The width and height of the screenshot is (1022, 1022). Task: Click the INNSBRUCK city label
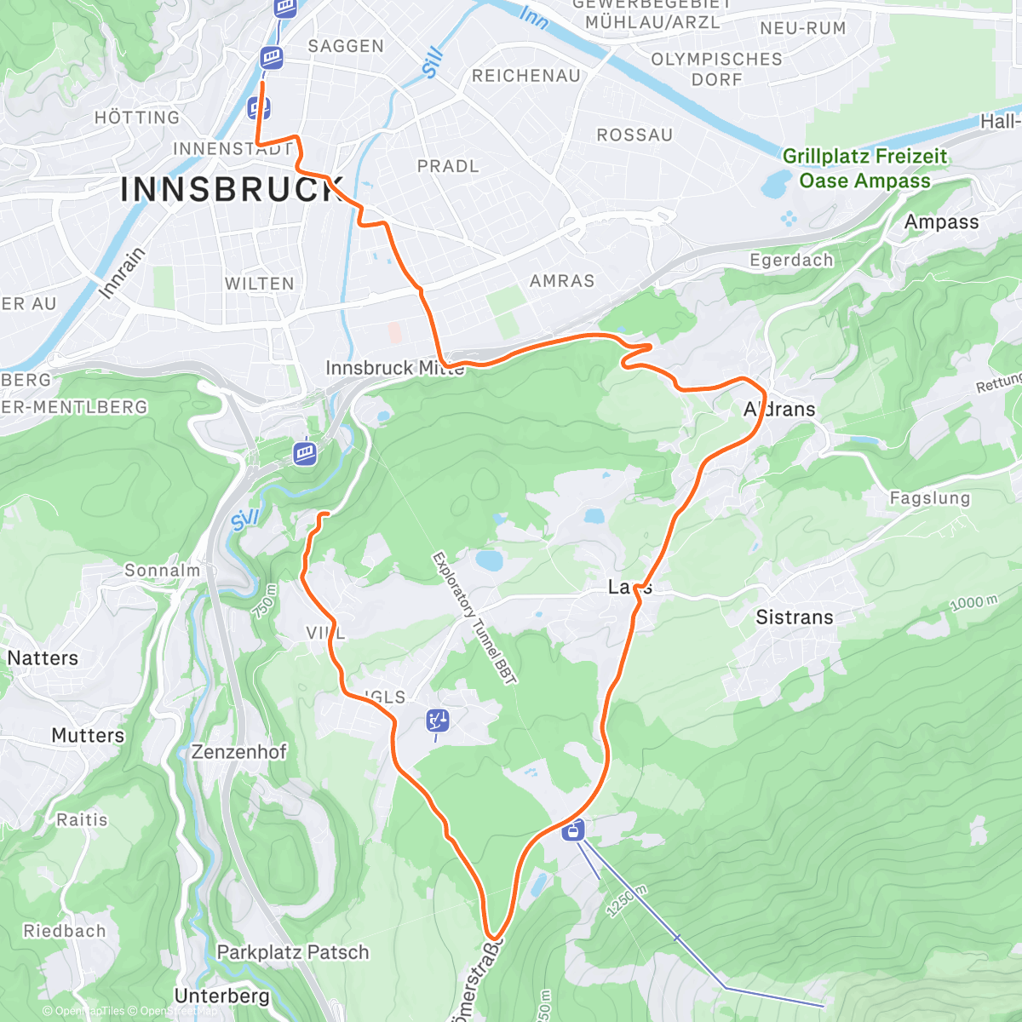click(x=232, y=189)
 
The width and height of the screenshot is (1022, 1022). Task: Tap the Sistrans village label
click(x=794, y=617)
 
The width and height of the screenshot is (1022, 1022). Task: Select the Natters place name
click(x=43, y=657)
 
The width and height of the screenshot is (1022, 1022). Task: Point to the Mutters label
click(x=88, y=735)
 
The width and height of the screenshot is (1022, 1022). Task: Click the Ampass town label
click(x=941, y=222)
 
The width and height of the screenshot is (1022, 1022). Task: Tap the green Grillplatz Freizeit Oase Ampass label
click(x=864, y=168)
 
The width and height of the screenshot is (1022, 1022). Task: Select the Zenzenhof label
click(x=239, y=752)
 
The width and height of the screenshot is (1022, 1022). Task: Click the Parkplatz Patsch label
click(x=293, y=952)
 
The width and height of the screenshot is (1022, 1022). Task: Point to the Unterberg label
click(x=221, y=996)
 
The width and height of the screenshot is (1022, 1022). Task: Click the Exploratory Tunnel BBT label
click(x=474, y=617)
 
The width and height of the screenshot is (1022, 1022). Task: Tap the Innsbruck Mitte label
click(x=395, y=368)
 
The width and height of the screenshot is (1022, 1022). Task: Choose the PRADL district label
click(x=448, y=166)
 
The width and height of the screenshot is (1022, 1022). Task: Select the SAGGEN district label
click(x=346, y=46)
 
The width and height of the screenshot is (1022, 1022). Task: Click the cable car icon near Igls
click(x=438, y=721)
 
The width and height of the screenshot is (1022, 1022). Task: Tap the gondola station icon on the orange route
click(x=574, y=829)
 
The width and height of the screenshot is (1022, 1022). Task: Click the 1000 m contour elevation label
click(x=973, y=603)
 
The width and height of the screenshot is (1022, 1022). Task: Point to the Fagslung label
click(x=929, y=497)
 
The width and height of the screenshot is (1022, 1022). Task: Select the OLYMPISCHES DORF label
click(x=716, y=69)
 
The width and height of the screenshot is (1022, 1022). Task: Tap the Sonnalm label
click(x=162, y=571)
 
